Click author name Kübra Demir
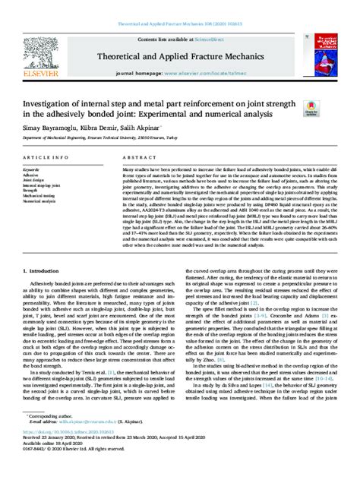click(x=96, y=131)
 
